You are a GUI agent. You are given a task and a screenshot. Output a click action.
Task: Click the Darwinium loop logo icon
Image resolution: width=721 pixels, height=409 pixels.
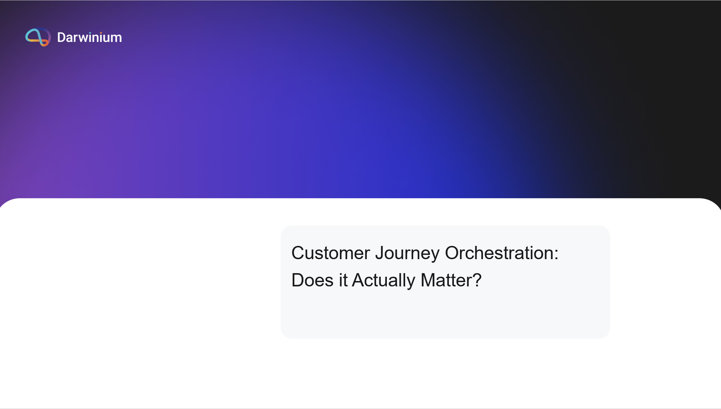coord(38,37)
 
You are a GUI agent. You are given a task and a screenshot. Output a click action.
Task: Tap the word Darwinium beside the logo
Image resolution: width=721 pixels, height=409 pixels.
coord(89,37)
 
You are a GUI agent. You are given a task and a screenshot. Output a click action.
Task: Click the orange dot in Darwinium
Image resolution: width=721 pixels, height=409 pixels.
coord(101,33)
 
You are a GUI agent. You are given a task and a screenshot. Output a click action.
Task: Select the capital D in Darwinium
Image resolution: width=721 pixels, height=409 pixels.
coord(61,37)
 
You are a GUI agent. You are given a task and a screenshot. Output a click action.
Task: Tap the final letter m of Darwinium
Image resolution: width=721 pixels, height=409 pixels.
coord(117,39)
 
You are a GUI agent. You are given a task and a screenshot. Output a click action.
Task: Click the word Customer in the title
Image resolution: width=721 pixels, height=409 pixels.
coord(331,253)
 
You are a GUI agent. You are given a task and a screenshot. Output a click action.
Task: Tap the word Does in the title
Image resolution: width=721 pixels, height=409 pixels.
coord(312,280)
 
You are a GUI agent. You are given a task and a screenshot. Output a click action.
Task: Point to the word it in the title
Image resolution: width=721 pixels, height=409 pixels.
coord(343,280)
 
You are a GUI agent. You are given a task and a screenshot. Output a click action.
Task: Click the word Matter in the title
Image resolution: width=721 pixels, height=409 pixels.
coord(446,280)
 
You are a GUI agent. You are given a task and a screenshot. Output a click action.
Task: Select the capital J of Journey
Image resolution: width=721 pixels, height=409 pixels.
coord(380,253)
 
